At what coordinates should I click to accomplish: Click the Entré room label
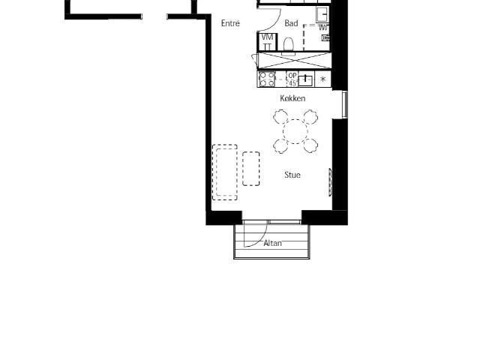pos(230,23)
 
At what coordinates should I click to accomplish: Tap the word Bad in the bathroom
pos(291,23)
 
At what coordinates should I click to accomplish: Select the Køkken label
pos(292,98)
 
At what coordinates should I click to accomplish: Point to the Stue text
pos(292,175)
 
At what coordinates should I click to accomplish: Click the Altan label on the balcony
pos(272,243)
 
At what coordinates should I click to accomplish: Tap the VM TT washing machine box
pos(267,42)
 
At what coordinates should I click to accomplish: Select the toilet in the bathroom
pos(289,45)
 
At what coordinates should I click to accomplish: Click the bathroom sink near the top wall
pos(322,14)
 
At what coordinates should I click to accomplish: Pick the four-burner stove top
pos(267,79)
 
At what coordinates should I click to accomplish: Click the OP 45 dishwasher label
pos(292,79)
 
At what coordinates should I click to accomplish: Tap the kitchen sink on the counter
pos(306,79)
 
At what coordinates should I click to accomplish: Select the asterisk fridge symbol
pos(322,79)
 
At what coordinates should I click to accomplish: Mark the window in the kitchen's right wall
pos(345,104)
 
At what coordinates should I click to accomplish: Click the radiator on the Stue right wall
pos(330,182)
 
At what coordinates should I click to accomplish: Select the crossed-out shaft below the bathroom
pos(295,60)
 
